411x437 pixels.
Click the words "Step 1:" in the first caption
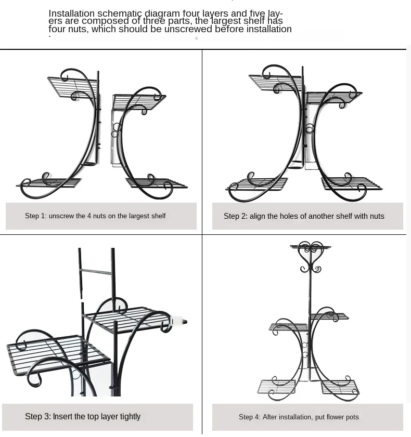[36, 216]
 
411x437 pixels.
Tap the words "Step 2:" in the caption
[236, 216]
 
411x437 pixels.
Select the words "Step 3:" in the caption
[38, 417]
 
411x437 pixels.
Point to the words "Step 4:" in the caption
[250, 417]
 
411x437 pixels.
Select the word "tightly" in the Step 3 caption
[131, 417]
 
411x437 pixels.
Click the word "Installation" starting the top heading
[72, 14]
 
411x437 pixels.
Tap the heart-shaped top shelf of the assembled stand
[310, 247]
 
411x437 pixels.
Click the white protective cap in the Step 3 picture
[177, 321]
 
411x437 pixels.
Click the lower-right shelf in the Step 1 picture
[156, 183]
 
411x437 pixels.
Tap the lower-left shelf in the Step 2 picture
[258, 184]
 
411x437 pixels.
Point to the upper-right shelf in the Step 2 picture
[333, 97]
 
